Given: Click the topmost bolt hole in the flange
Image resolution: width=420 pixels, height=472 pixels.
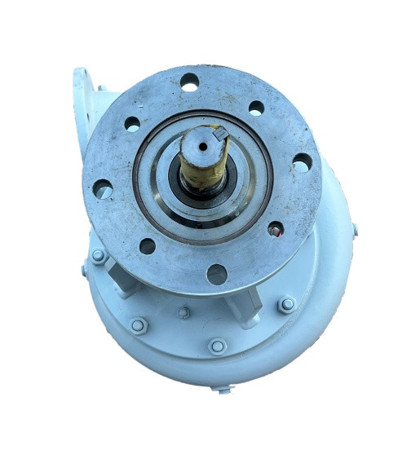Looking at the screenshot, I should coord(190,82).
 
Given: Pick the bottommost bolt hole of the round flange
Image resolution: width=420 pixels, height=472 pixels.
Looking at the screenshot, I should coord(216,274).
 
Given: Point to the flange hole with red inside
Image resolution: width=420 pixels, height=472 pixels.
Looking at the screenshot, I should coord(276,230).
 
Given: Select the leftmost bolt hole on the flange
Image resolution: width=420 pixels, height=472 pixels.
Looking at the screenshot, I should coord(103,189).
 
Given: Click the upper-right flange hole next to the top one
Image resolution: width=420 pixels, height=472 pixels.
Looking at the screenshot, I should coord(256,108).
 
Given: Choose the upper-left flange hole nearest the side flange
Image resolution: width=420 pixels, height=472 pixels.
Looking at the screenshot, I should coord(132,124).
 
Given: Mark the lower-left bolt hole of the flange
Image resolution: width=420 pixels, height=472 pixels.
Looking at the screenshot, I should coord(148,245).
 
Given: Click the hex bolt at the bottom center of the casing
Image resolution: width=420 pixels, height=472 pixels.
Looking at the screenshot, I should coord(217,346).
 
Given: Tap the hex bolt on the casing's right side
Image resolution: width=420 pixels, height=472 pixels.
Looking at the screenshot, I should coord(286,305).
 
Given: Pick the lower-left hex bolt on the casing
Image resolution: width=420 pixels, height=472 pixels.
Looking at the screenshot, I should coord(139,326).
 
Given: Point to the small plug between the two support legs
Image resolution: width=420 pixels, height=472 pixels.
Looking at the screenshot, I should coord(184,312).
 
